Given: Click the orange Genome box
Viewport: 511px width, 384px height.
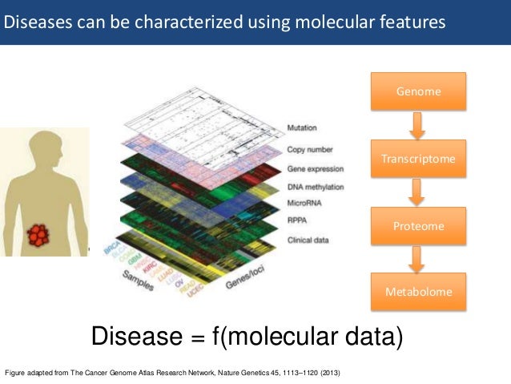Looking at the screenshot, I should [417, 91].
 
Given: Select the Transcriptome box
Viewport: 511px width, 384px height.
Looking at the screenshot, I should [417, 159].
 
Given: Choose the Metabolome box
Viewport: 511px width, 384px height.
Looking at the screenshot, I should [417, 292].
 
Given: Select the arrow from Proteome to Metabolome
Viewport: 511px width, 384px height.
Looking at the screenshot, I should [417, 259].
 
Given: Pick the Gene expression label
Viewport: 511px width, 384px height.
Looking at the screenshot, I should [315, 169].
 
